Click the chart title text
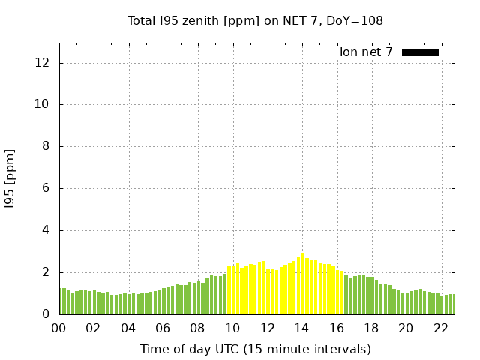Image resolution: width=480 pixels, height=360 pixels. point(255,21)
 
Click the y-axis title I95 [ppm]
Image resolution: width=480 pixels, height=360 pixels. point(10,178)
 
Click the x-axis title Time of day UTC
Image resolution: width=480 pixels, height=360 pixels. point(255,349)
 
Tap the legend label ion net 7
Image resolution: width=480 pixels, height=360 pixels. point(366,52)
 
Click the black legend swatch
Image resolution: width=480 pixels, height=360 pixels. point(420,52)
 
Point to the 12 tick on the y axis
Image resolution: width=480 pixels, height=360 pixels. point(43,63)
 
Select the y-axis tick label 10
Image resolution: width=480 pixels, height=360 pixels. point(43,105)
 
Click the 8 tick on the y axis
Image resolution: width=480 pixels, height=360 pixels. point(46,147)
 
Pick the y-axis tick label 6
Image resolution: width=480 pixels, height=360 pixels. point(46,189)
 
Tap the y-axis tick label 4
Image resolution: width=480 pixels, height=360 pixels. point(46,231)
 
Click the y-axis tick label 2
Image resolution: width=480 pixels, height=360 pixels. point(46,273)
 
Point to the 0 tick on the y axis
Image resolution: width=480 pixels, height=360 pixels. point(46,314)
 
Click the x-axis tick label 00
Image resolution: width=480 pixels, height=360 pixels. point(59,328)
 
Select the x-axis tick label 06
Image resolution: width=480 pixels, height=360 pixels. point(163,328)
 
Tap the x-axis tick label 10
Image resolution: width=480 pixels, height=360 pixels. point(232,328)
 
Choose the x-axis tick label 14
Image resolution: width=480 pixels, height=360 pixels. point(301,328)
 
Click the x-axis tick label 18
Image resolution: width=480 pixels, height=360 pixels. point(371,328)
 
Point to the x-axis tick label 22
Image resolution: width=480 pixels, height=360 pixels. point(440,328)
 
